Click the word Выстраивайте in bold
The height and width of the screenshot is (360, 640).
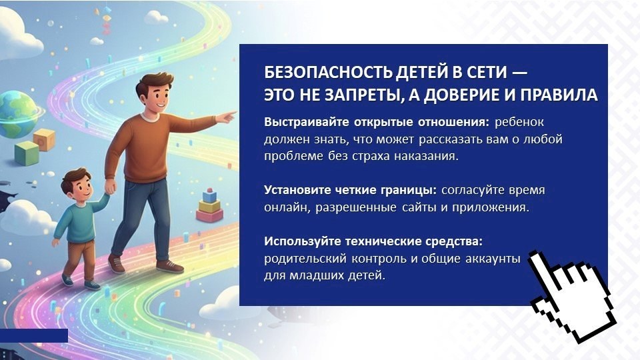point(307,122)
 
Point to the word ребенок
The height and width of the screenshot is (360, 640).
point(519,122)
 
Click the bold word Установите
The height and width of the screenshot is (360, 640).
point(297,190)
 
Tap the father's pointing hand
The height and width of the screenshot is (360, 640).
point(225,117)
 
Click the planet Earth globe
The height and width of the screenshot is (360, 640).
point(17,115)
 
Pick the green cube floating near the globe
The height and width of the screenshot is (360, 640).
point(27,153)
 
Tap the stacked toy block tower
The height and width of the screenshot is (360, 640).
point(210,206)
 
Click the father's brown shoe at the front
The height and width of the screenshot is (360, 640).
point(169,266)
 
